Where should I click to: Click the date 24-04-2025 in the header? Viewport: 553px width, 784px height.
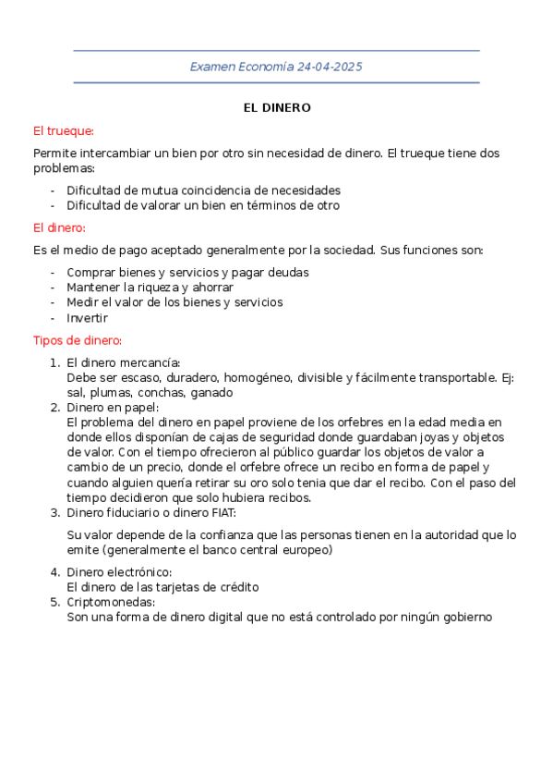pos(330,67)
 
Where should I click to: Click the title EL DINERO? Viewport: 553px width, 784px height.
pos(277,108)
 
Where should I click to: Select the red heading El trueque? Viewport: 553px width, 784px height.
pos(64,131)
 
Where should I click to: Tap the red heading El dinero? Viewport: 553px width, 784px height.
pos(59,227)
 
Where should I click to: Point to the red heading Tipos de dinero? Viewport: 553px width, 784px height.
pos(78,339)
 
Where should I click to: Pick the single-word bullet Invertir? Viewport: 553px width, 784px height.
pos(87,317)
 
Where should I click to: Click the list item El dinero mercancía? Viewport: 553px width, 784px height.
pos(124,362)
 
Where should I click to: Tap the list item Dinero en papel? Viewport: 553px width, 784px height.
pos(113,407)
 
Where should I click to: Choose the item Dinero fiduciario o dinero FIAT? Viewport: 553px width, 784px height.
pos(151,512)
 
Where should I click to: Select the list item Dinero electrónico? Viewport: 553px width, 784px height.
pos(119,572)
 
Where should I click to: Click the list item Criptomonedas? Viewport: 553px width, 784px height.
pos(110,602)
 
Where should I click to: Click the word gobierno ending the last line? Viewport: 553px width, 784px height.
pos(465,617)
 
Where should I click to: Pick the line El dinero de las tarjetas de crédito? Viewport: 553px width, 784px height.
pos(162,587)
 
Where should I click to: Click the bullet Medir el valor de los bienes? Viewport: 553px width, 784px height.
pos(174,302)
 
